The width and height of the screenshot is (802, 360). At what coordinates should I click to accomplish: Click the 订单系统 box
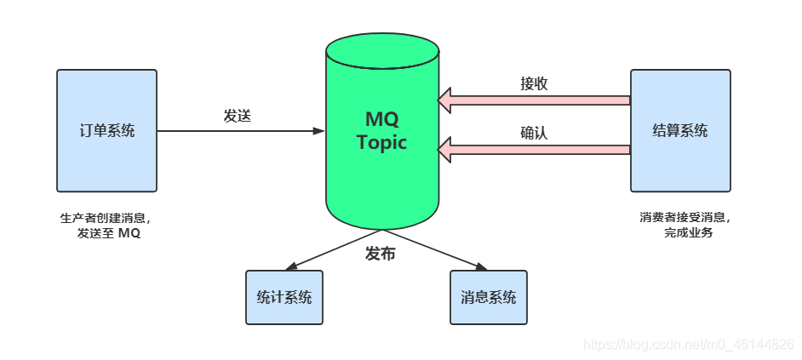pyautogui.click(x=106, y=130)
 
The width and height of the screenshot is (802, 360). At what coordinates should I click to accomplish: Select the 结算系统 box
pyautogui.click(x=679, y=130)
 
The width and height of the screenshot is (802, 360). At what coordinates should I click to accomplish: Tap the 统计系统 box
pyautogui.click(x=284, y=297)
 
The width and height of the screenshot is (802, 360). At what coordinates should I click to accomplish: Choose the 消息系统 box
pyautogui.click(x=488, y=297)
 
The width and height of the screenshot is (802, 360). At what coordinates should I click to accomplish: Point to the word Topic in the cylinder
pyautogui.click(x=381, y=142)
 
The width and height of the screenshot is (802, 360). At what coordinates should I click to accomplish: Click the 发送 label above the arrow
pyautogui.click(x=238, y=116)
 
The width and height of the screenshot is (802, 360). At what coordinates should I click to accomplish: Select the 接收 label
pyautogui.click(x=534, y=83)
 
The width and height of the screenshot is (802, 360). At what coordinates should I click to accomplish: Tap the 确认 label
pyautogui.click(x=534, y=133)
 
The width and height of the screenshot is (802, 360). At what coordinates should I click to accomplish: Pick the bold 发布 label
pyautogui.click(x=380, y=254)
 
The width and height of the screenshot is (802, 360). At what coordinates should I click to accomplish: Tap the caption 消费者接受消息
pyautogui.click(x=685, y=217)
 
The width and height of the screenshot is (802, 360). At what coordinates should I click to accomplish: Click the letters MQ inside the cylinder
pyautogui.click(x=381, y=118)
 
